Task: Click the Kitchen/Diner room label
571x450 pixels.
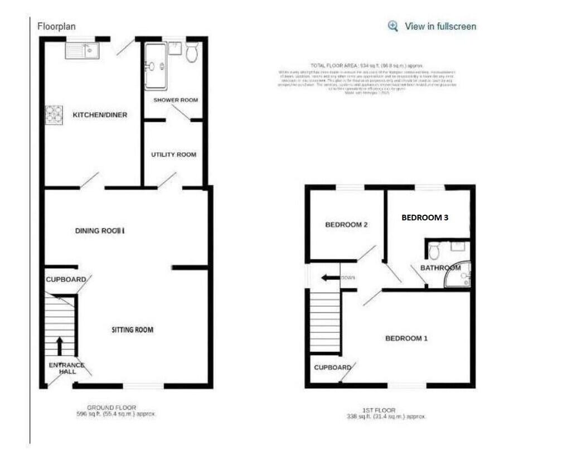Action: click(x=100, y=115)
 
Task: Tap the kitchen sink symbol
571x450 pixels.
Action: click(x=82, y=52)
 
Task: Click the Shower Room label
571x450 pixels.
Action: click(x=176, y=100)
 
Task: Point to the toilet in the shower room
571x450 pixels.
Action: click(x=192, y=53)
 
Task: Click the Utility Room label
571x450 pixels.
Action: click(x=173, y=154)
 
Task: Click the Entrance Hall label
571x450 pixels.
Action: click(x=66, y=369)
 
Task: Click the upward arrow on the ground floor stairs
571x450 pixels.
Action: click(x=60, y=345)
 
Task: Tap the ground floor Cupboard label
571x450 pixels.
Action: click(x=66, y=279)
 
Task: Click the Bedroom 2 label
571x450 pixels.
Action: click(x=346, y=225)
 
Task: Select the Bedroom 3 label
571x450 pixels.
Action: click(x=425, y=218)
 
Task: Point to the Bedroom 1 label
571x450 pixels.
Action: click(x=407, y=338)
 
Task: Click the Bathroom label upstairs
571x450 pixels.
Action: click(x=441, y=268)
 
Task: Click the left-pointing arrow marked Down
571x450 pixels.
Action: click(x=327, y=277)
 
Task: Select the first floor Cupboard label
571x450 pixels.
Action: click(x=332, y=367)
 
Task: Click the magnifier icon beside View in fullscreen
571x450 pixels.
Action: click(x=393, y=26)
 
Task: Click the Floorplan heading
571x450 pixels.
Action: click(x=56, y=26)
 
